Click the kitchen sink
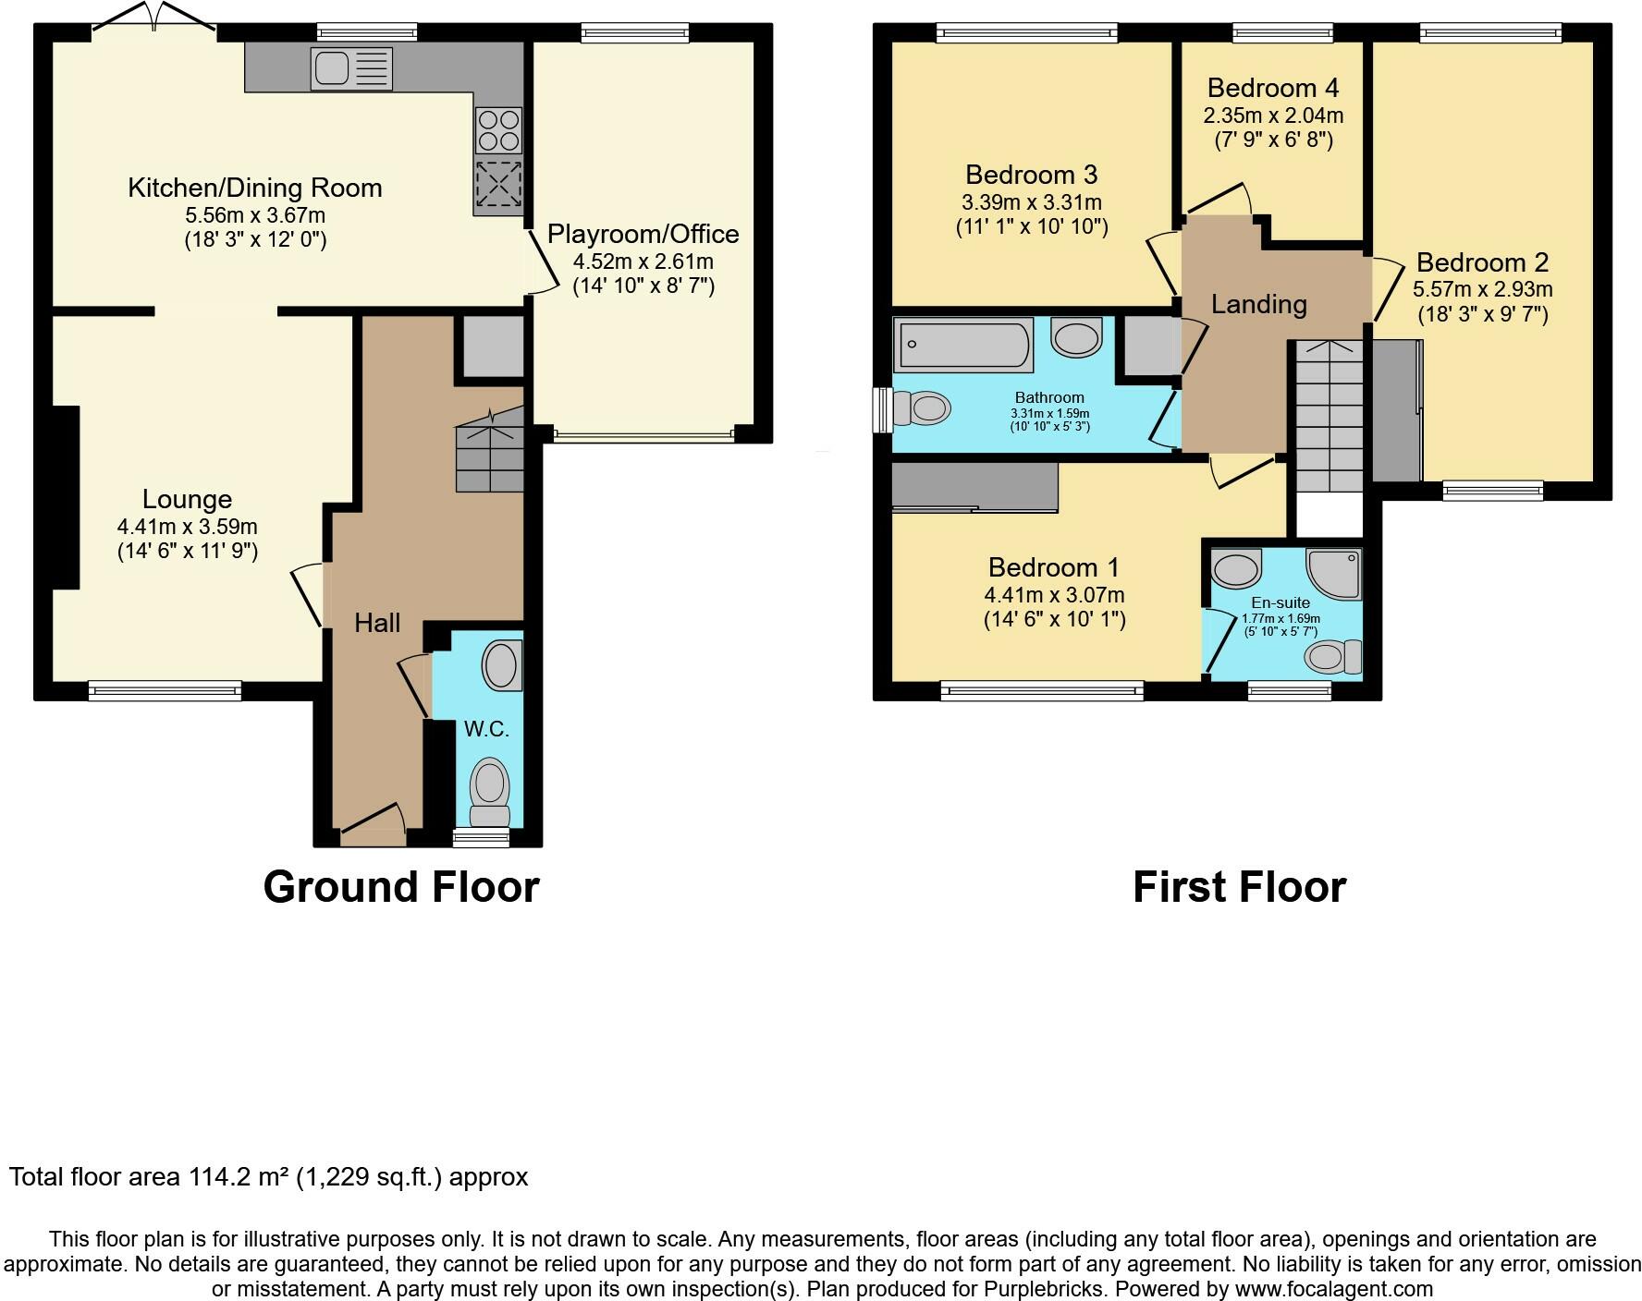point(352,68)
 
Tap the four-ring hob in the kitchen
point(498,130)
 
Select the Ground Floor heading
point(401,887)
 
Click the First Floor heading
point(1239,887)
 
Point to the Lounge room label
point(187,500)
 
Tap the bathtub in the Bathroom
point(962,345)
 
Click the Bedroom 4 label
point(1273,88)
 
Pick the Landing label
point(1258,304)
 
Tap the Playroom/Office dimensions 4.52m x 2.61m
point(643,261)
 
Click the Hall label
point(377,623)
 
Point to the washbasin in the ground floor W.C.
point(502,665)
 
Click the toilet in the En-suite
point(1332,657)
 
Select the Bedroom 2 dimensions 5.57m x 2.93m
point(1483,289)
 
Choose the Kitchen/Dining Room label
point(254,188)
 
